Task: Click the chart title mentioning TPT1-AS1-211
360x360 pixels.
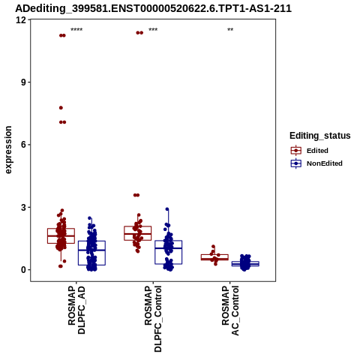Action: click(153, 8)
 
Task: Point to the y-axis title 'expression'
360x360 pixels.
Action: click(8, 150)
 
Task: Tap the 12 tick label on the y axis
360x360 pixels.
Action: click(21, 19)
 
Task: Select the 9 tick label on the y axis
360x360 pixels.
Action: click(24, 82)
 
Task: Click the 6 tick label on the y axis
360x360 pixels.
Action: click(24, 145)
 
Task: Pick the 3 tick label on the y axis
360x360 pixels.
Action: click(24, 207)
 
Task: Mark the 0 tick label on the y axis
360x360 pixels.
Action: click(24, 270)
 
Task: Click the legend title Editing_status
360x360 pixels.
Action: click(320, 136)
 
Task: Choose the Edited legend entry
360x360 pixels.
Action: click(310, 151)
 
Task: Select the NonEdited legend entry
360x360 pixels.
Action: click(316, 163)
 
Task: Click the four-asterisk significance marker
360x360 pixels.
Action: click(76, 30)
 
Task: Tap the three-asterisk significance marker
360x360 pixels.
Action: click(153, 30)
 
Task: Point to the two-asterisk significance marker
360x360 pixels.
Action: click(230, 30)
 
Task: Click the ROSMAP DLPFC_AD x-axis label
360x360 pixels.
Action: click(76, 310)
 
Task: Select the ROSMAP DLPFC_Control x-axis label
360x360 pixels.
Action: click(153, 319)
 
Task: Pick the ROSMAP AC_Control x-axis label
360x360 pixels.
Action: click(230, 310)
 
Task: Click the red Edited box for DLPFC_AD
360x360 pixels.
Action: click(61, 235)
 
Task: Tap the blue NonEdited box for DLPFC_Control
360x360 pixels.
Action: click(168, 252)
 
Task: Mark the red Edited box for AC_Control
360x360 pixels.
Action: click(214, 257)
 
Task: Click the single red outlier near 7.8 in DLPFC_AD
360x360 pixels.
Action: click(61, 108)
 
